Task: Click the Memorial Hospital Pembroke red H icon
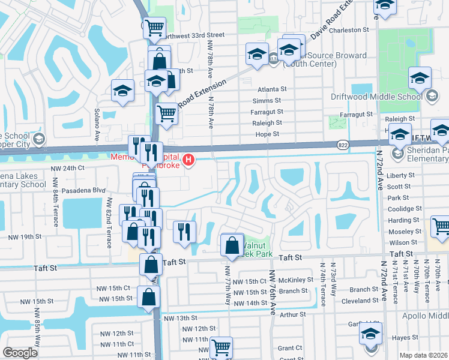188,160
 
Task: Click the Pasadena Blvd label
71,190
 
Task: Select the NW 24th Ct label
67,169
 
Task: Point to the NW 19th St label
25,237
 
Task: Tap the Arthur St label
293,314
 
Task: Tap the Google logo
20,353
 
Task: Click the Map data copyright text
423,355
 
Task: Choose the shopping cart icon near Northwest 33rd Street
154,27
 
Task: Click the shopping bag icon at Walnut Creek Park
232,245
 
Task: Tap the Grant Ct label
290,348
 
